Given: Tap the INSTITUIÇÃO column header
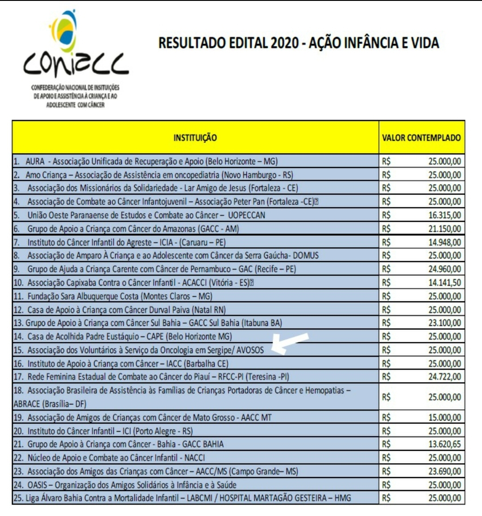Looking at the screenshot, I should (195, 137).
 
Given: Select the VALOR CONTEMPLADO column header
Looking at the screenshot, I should (421, 137).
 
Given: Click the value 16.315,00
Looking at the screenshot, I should (445, 215).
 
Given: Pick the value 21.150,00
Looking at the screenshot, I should (445, 229).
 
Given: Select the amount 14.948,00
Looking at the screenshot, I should (445, 242).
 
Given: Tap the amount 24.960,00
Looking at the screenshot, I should (445, 269).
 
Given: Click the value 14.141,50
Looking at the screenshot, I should (445, 283).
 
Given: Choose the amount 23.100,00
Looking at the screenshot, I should (445, 323).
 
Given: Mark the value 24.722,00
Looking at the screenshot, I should (445, 377).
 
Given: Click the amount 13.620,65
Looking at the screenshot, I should (445, 444).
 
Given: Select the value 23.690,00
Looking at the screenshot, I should (445, 471).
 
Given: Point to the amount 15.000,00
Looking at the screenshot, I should (445, 417).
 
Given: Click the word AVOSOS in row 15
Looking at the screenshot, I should (250, 350).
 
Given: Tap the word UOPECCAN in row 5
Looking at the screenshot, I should (246, 215).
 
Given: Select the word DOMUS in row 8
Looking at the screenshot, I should (306, 256).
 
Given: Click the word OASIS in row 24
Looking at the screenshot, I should (37, 485).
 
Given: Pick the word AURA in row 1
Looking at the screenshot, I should (35, 162).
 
